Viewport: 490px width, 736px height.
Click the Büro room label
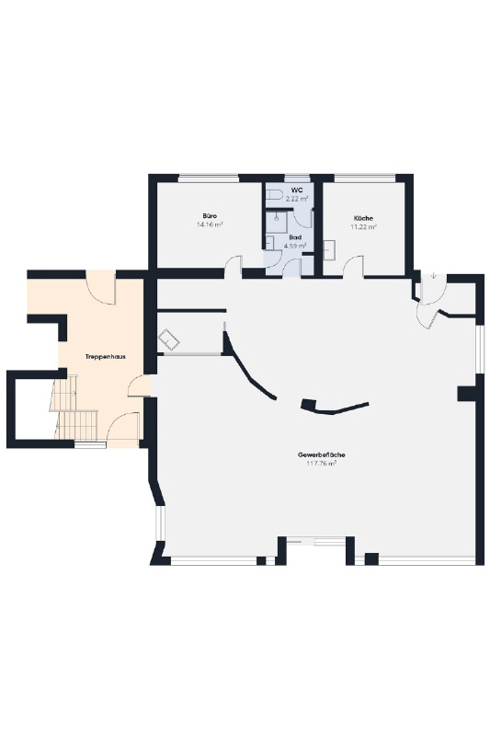pyautogui.click(x=210, y=216)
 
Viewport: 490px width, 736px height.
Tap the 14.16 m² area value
pyautogui.click(x=210, y=224)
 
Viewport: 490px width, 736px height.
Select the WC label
pyautogui.click(x=297, y=190)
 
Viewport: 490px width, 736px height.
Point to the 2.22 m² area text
pyautogui.click(x=297, y=199)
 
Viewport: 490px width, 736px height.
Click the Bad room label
pyautogui.click(x=295, y=237)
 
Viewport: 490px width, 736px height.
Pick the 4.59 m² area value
pyautogui.click(x=295, y=246)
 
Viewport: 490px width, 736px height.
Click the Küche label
pyautogui.click(x=363, y=218)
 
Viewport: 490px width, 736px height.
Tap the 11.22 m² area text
pyautogui.click(x=364, y=226)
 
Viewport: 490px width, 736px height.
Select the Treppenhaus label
pyautogui.click(x=105, y=357)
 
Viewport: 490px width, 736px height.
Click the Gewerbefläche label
pyautogui.click(x=322, y=454)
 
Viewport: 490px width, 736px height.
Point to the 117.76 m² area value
pyautogui.click(x=322, y=464)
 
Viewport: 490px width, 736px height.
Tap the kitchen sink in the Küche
pyautogui.click(x=330, y=249)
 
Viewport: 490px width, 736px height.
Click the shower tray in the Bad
pyautogui.click(x=277, y=222)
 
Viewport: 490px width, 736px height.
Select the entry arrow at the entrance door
pyautogui.click(x=434, y=275)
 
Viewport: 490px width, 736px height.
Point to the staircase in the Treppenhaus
pyautogui.click(x=75, y=407)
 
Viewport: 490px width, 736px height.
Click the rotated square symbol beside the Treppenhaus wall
pyautogui.click(x=169, y=339)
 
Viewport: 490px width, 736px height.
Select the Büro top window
pyautogui.click(x=209, y=178)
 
